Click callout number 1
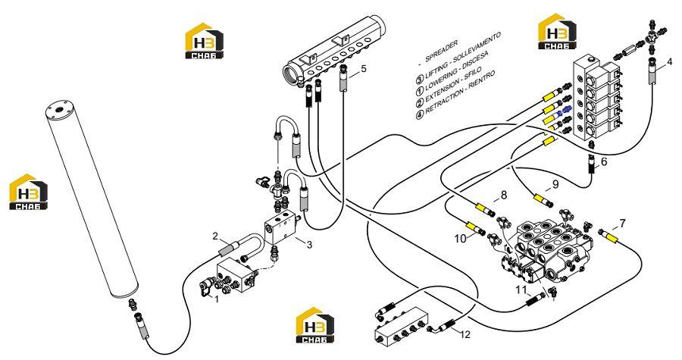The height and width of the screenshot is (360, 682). point(216,299)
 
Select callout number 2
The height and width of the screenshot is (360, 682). point(215,236)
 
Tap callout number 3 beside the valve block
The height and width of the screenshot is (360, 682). point(309,245)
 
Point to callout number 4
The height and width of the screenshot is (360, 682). point(669,61)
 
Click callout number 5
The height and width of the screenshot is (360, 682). point(364,68)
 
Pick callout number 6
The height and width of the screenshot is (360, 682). point(604,162)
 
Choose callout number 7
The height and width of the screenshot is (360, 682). point(622,224)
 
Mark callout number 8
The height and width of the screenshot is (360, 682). point(504,196)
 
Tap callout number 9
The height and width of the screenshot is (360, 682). point(555,184)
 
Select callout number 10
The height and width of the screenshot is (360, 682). point(460,238)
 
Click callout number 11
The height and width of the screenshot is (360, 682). point(521,290)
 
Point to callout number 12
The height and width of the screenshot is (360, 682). point(465,334)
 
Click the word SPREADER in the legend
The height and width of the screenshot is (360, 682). point(441,51)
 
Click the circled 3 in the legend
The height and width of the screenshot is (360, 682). point(420,79)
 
